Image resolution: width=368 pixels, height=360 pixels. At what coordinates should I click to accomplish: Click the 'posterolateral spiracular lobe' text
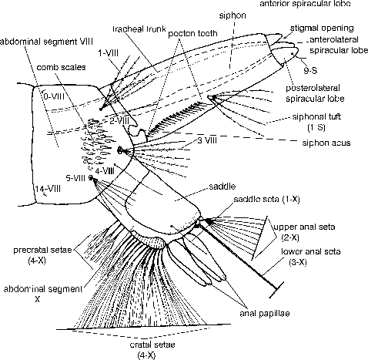tap(323, 93)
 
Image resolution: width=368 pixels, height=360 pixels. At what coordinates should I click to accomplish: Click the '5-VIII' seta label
tap(76, 177)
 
